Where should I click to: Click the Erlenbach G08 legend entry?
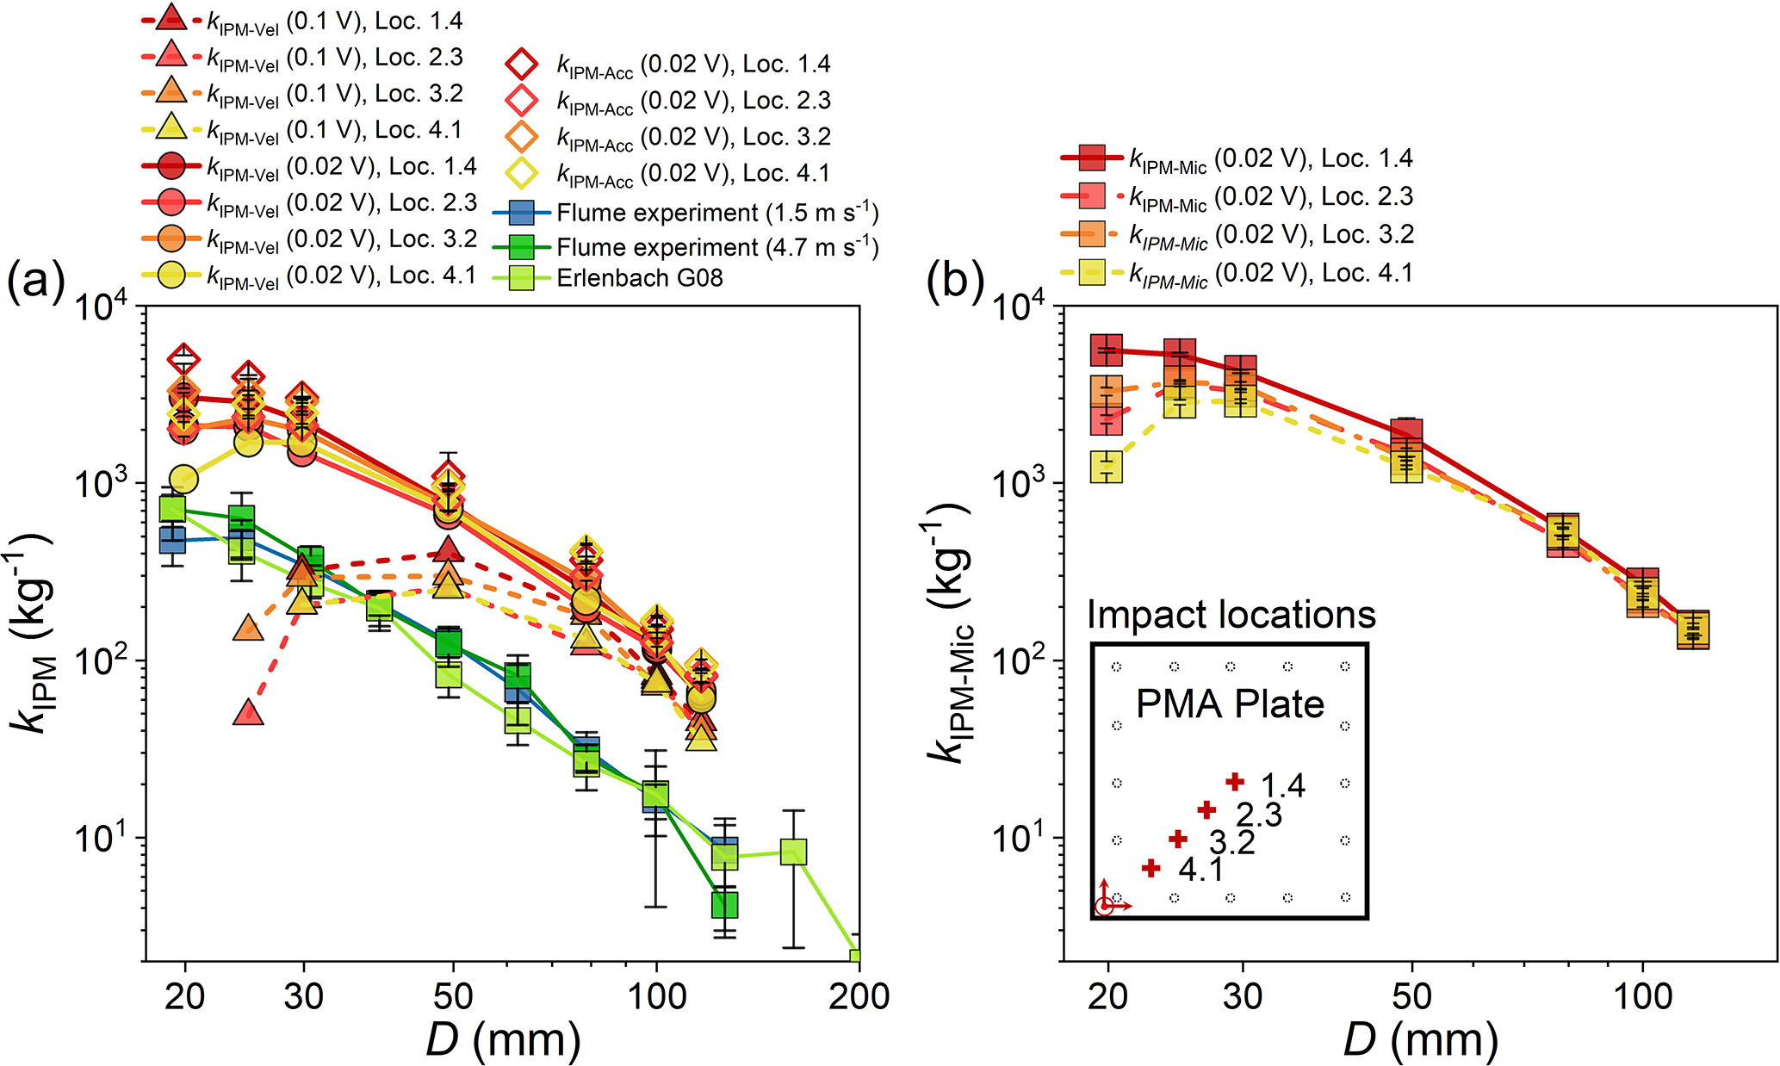pyautogui.click(x=639, y=278)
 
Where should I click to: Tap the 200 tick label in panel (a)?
pyautogui.click(x=859, y=996)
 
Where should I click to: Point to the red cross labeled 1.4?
pyautogui.click(x=1235, y=782)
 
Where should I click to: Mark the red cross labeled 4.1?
pyautogui.click(x=1150, y=868)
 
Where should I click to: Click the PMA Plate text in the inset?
pyautogui.click(x=1230, y=704)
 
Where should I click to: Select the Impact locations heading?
pyautogui.click(x=1231, y=615)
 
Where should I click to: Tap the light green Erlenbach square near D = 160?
pyautogui.click(x=793, y=852)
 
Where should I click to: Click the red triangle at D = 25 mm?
pyautogui.click(x=249, y=713)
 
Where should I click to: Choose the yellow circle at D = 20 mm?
pyautogui.click(x=183, y=479)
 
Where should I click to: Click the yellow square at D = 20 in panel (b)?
pyautogui.click(x=1107, y=467)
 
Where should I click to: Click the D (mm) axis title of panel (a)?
pyautogui.click(x=503, y=1039)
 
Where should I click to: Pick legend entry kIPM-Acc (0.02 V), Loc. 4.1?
pyautogui.click(x=692, y=174)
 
